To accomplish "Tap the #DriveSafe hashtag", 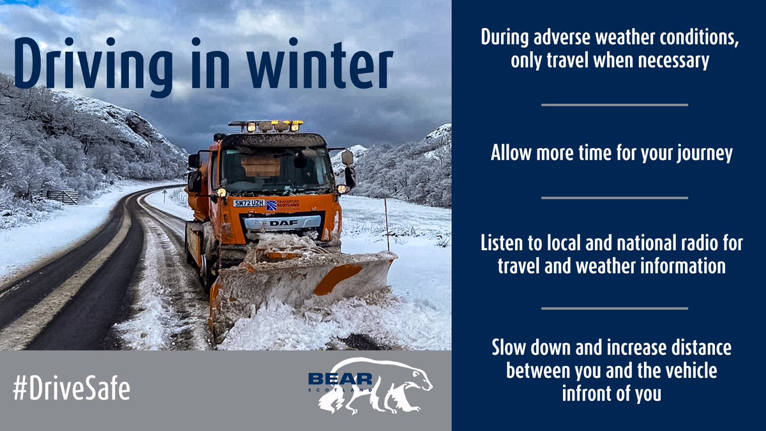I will (70, 389).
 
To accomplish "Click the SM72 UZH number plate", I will (248, 203).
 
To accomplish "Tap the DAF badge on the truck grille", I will (283, 223).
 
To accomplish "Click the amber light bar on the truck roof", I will (266, 126).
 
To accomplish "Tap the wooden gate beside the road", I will (62, 196).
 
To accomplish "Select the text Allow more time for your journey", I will (611, 154).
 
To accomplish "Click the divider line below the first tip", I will (614, 105).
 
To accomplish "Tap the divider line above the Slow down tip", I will (614, 308).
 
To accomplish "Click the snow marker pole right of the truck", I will (386, 223).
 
